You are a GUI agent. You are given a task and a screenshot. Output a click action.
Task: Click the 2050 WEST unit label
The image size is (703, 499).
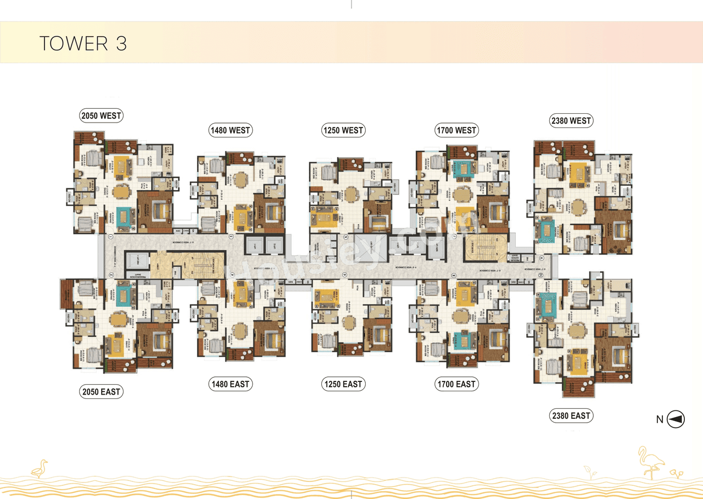(101, 115)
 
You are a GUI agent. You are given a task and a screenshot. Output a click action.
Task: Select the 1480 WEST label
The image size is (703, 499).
(230, 130)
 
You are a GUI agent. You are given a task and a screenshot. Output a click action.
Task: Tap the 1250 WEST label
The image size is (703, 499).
(343, 130)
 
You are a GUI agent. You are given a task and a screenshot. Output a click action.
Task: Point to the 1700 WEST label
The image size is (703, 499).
(456, 130)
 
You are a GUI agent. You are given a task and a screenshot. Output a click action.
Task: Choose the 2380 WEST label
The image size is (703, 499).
(571, 120)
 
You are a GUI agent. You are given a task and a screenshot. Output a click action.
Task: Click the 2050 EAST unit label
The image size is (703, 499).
(101, 392)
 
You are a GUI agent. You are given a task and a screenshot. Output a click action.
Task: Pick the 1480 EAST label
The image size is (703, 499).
(230, 384)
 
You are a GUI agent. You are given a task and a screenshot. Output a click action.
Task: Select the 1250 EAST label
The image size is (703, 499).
(343, 384)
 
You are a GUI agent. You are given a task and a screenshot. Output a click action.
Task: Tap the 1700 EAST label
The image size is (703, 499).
(456, 384)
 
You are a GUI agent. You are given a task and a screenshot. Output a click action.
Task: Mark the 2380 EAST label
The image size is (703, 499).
(571, 416)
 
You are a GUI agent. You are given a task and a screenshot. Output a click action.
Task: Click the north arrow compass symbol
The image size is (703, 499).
(676, 420)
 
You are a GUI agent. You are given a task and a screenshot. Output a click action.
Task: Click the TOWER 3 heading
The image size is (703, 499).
(83, 43)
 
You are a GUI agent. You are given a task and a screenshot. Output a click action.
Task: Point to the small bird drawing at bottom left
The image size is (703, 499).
(40, 468)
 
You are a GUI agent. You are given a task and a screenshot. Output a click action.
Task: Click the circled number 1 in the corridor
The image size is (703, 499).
(111, 237)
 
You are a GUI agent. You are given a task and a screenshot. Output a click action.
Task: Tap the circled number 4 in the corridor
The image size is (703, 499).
(233, 275)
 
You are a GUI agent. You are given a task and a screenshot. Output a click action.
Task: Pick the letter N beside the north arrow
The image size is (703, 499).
(660, 420)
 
